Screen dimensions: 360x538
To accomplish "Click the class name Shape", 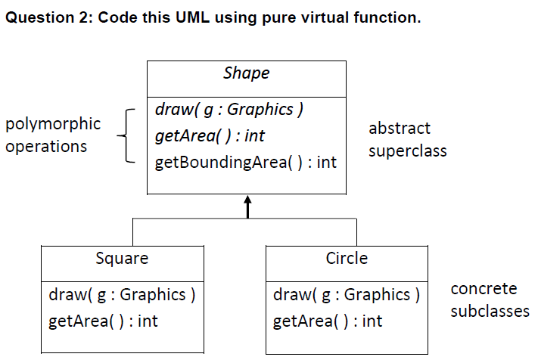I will coord(246,73).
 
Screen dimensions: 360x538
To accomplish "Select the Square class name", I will coord(122,259).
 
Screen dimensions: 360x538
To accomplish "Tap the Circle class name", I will coord(347,259).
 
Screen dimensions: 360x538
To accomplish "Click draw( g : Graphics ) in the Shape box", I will coord(229,110).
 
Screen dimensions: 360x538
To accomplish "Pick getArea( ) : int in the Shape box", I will coord(210,136).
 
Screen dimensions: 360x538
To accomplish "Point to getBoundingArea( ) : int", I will coord(245,163).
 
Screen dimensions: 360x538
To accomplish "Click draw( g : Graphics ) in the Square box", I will coord(122,294).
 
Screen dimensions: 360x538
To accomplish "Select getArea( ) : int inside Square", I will coord(103,321).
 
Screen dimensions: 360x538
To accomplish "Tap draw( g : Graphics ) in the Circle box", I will coord(346,294).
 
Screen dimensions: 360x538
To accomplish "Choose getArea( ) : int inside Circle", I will coord(328,321).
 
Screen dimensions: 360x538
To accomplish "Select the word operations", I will coord(46,147).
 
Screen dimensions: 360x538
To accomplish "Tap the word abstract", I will coord(399,129).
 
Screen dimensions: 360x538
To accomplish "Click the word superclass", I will coord(407,151).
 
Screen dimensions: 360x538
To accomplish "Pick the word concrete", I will coord(484,289).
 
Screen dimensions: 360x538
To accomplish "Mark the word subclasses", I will coord(490,311).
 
